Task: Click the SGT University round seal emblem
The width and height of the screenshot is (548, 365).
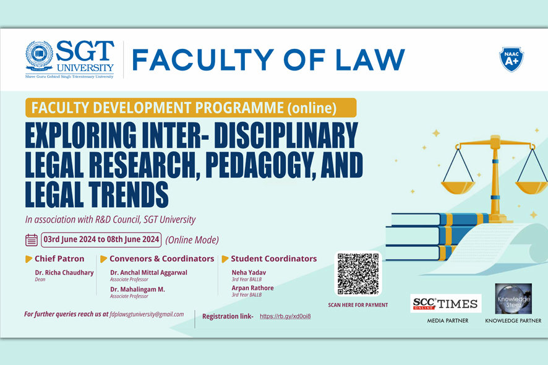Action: tap(39, 55)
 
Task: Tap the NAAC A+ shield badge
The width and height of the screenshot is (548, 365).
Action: tap(512, 59)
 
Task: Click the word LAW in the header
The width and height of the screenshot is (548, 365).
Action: tap(370, 59)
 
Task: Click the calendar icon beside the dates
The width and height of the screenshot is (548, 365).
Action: tap(32, 240)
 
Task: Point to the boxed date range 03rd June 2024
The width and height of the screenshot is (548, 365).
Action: tap(101, 239)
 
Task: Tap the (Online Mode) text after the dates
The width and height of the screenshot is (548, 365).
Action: tap(192, 240)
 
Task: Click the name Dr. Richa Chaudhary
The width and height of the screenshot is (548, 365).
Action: tap(64, 272)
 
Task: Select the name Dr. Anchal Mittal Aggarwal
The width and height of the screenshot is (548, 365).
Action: tap(148, 272)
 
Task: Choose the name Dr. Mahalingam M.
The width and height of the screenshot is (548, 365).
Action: tap(137, 289)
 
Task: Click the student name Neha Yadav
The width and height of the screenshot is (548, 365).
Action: tap(249, 272)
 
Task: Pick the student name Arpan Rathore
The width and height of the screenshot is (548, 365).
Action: tap(253, 288)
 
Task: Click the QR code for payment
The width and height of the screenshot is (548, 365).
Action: tap(358, 273)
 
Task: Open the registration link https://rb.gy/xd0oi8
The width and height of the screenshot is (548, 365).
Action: tap(285, 316)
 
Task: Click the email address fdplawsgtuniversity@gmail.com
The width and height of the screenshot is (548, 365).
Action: tap(147, 314)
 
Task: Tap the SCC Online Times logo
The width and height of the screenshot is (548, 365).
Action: tap(445, 303)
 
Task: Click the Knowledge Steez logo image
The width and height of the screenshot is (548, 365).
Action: tap(513, 299)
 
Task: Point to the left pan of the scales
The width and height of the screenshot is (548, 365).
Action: tap(458, 187)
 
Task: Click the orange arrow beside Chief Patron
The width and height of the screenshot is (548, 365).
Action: tap(28, 259)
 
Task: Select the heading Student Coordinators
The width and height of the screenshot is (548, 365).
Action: tap(273, 259)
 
